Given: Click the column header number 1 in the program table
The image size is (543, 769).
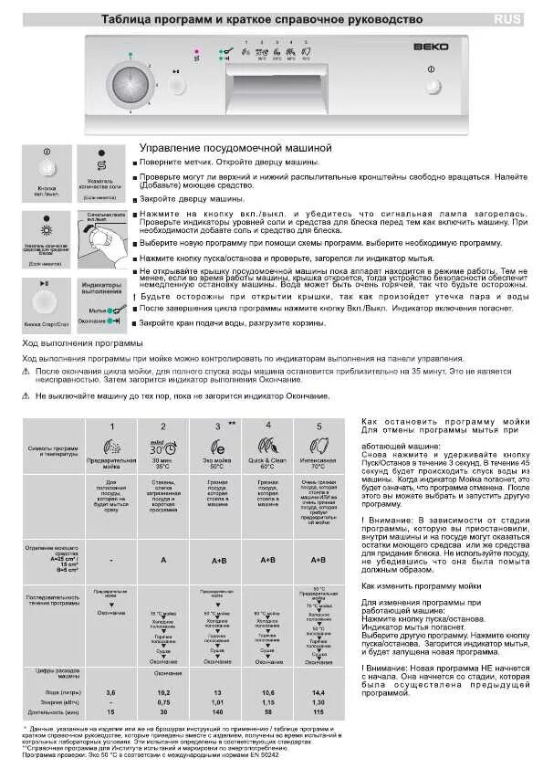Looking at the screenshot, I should tap(111, 427).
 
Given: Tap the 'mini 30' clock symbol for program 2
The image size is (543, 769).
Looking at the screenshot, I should tap(163, 448).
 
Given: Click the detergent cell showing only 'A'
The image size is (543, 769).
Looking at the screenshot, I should tap(163, 559).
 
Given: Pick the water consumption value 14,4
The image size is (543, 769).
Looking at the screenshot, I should tap(318, 668).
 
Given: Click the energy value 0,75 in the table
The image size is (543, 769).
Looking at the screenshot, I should tap(163, 677).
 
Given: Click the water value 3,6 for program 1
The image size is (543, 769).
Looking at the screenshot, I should tap(111, 668).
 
